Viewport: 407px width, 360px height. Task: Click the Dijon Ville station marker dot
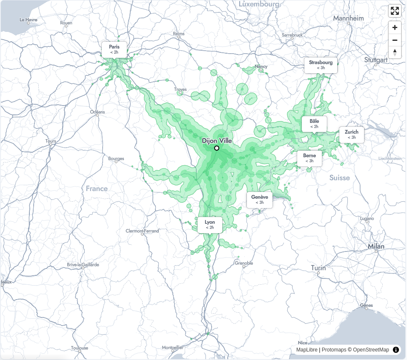[217, 148]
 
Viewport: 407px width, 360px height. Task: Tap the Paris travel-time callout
[114, 49]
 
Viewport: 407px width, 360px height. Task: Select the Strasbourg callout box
[321, 65]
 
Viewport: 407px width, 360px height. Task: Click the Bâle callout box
[314, 123]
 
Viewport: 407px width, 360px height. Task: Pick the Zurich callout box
[352, 134]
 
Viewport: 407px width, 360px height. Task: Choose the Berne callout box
[310, 158]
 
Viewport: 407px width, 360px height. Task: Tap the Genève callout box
[259, 200]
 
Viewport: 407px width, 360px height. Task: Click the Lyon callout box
[210, 225]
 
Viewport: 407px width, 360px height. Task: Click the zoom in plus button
[395, 28]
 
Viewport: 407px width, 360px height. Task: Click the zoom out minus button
[395, 40]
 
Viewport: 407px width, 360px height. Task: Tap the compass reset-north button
[395, 52]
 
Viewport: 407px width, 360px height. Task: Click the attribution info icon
[396, 350]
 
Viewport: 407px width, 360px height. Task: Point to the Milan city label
[376, 246]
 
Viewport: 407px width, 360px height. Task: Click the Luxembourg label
[259, 4]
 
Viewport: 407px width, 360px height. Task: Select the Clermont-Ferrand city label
[142, 231]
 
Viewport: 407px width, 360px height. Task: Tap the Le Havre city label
[29, 20]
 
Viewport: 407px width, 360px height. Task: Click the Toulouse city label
[80, 348]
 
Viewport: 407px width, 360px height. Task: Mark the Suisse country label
[339, 178]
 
